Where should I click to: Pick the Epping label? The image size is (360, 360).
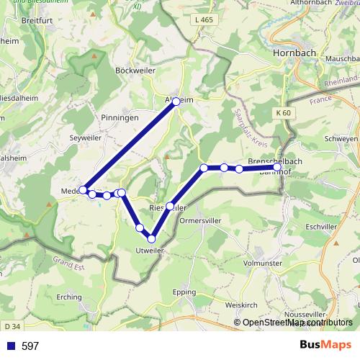click(184, 292)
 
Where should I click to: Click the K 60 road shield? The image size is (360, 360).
click(283, 113)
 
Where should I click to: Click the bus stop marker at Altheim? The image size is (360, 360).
click(176, 102)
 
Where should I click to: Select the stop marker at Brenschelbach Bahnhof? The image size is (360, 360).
click(277, 167)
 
